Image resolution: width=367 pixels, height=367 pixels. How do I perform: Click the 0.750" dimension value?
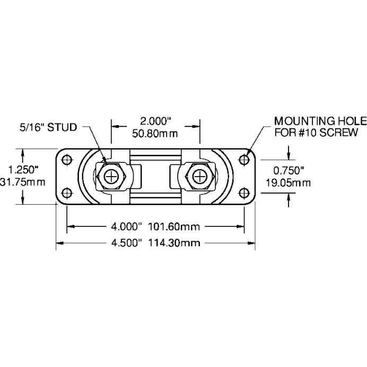click(x=288, y=171)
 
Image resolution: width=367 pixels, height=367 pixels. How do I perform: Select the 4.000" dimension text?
click(x=127, y=226)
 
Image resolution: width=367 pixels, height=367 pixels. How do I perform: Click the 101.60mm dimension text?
click(x=173, y=226)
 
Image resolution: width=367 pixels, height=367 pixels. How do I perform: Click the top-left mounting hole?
click(x=67, y=159)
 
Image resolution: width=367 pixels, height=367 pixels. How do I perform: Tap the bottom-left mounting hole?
click(x=67, y=192)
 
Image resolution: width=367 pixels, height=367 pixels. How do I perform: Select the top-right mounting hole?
click(x=244, y=159)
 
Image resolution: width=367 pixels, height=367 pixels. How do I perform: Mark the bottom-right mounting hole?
click(x=244, y=192)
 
